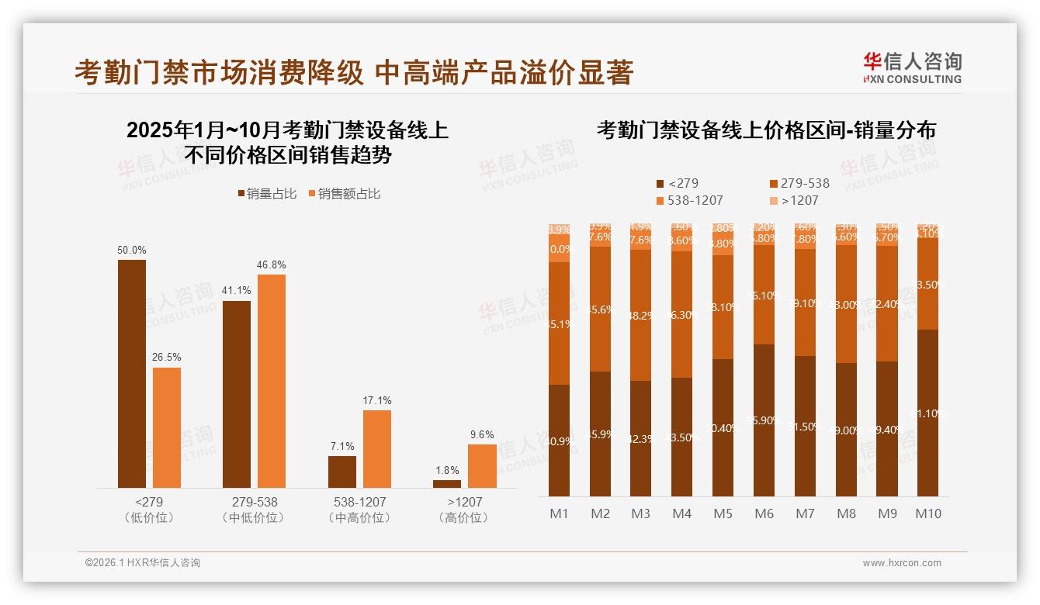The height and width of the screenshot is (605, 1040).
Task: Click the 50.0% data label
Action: pyautogui.click(x=131, y=251)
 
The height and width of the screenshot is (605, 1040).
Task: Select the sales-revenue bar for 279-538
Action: pyautogui.click(x=272, y=381)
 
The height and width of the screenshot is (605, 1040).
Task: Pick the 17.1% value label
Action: pyautogui.click(x=376, y=401)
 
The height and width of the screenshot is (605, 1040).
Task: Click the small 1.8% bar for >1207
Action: pyautogui.click(x=447, y=484)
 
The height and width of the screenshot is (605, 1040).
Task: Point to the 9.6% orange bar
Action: pyautogui.click(x=482, y=465)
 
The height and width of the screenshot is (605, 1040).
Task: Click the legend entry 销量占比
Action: pyautogui.click(x=266, y=194)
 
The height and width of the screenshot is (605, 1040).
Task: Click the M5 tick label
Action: pyautogui.click(x=723, y=513)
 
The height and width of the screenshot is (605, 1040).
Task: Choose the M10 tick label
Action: pyautogui.click(x=928, y=513)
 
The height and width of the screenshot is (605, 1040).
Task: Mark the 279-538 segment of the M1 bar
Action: pyautogui.click(x=559, y=323)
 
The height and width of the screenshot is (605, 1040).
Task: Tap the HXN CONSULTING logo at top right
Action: pyautogui.click(x=912, y=67)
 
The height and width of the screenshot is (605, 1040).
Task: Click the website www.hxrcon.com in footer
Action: pyautogui.click(x=902, y=563)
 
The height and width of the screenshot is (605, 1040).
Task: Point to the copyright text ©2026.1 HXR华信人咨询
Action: pyautogui.click(x=143, y=563)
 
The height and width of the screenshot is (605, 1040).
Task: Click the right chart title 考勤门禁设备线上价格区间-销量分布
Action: pyautogui.click(x=765, y=130)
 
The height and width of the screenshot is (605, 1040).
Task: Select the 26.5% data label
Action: pyautogui.click(x=167, y=358)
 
